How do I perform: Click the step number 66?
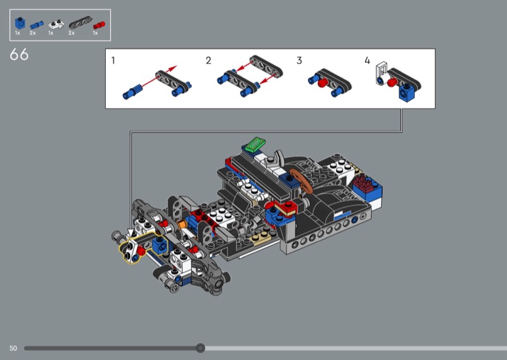tap(19, 55)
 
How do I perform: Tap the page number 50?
tap(13, 349)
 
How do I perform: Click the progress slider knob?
tap(200, 348)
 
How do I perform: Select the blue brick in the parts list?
tap(20, 23)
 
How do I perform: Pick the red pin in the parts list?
tap(99, 25)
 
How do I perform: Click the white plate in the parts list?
tap(56, 24)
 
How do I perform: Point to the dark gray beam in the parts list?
tap(80, 23)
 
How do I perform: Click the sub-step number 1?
tap(113, 60)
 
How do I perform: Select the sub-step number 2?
tap(209, 60)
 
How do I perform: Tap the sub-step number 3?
tap(299, 60)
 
